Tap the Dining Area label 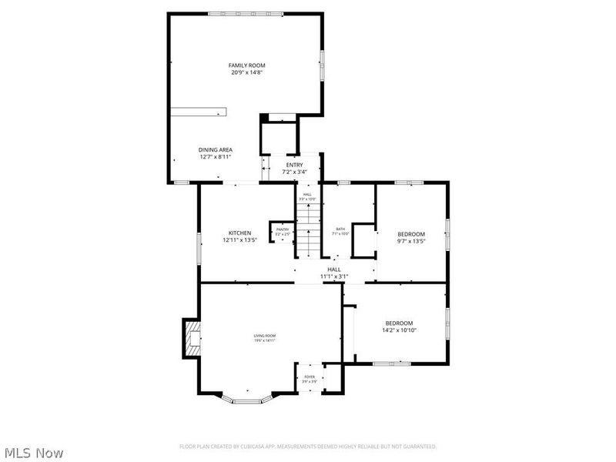point(215,150)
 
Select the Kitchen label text point(239,233)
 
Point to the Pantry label point(283,229)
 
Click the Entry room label point(295,165)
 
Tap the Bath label point(340,229)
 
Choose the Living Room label point(265,336)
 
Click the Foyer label point(309,377)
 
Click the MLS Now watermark point(34,454)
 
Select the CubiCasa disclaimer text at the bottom point(308,447)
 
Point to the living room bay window point(247,400)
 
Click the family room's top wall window point(245,13)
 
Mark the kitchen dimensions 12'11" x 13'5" point(239,240)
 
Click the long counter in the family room point(199,112)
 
